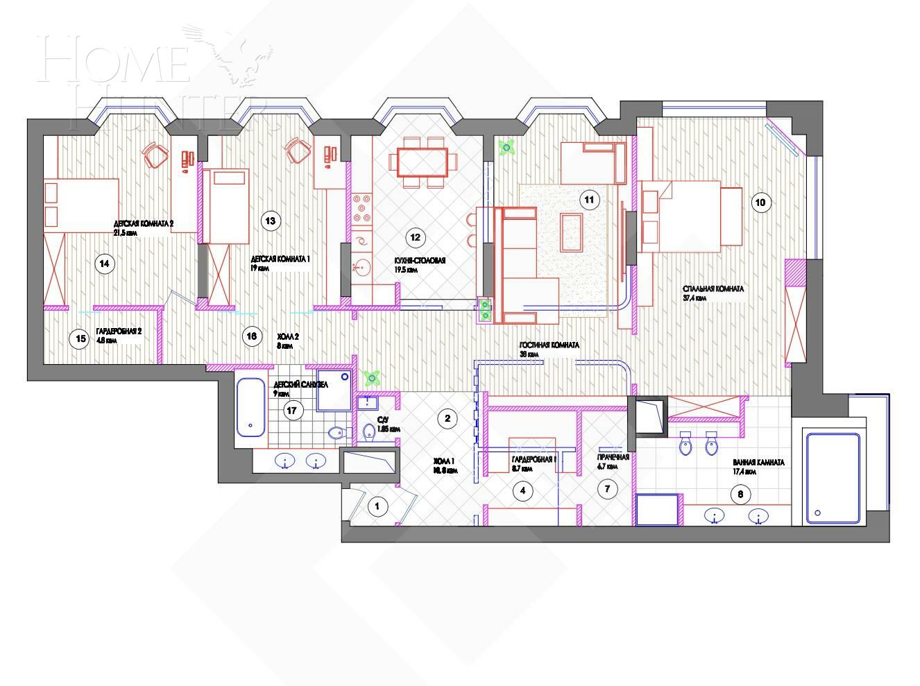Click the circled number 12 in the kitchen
[415, 237]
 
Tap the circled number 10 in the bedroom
[760, 203]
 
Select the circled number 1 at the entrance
[377, 506]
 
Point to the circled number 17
[291, 411]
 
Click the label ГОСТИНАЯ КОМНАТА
[550, 345]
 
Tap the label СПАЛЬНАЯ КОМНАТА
[713, 289]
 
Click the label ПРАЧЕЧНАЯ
[613, 458]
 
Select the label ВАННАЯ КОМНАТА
[758, 463]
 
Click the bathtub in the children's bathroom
[250, 407]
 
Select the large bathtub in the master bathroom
[831, 479]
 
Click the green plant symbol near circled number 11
[507, 146]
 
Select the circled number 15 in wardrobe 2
[80, 338]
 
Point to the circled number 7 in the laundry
[607, 489]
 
